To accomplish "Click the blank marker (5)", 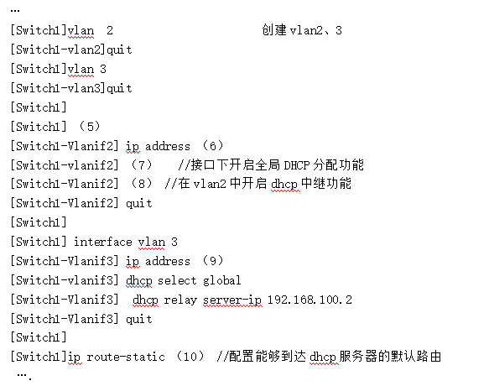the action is pos(90,127).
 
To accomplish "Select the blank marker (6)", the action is pos(213,146).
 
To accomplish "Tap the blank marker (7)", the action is pos(141,165).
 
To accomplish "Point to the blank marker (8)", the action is pos(141,184).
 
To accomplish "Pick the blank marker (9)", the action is pos(213,261).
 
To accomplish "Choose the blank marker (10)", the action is pos(190,357).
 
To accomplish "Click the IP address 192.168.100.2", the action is pos(310,300).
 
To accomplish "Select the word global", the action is pos(221,280).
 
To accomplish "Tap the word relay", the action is pos(180,300).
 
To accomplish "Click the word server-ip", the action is pos(232,300).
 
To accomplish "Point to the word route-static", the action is pos(126,357).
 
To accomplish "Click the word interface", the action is pos(103,242).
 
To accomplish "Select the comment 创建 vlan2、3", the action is pos(302,30).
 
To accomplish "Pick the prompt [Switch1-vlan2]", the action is pos(58,50).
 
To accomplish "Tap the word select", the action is pos(177,280).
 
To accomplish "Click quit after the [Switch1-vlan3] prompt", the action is pos(119,89).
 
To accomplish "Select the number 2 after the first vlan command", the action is pos(110,30).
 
